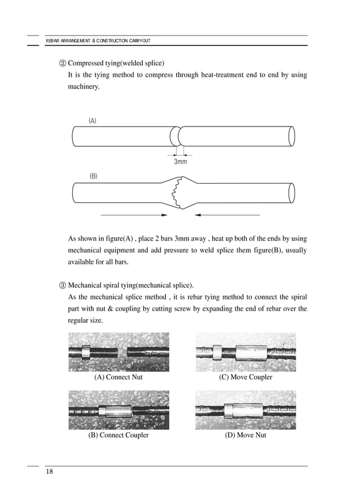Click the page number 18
click(50, 472)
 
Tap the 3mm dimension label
click(180, 162)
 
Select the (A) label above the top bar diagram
click(93, 121)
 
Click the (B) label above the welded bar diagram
click(94, 176)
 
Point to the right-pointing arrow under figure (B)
click(134, 215)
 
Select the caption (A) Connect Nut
click(118, 377)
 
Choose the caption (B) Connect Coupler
click(118, 435)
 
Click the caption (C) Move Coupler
click(245, 377)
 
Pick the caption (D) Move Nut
click(245, 435)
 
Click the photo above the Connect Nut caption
click(118, 352)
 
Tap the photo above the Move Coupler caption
click(245, 352)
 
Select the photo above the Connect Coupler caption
click(118, 409)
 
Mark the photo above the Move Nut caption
click(245, 409)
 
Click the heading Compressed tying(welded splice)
click(116, 63)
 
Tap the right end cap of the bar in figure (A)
click(292, 136)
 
